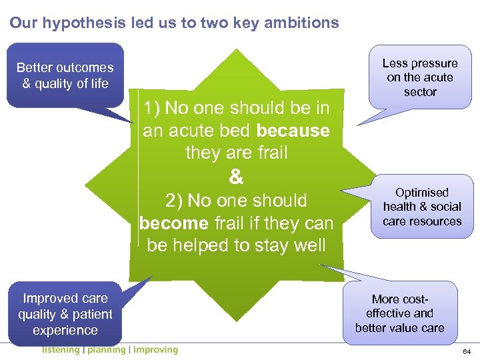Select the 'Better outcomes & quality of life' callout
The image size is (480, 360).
pyautogui.click(x=65, y=75)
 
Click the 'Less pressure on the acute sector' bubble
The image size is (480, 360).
pyautogui.click(x=420, y=77)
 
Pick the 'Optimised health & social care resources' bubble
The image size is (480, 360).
pyautogui.click(x=422, y=207)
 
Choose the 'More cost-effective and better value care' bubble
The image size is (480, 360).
pyautogui.click(x=400, y=313)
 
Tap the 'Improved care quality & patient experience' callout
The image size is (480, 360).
pyautogui.click(x=65, y=314)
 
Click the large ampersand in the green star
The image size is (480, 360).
pyautogui.click(x=236, y=177)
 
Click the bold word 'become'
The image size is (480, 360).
pyautogui.click(x=173, y=223)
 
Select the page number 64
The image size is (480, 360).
pyautogui.click(x=467, y=351)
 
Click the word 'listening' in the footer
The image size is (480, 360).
pyautogui.click(x=60, y=350)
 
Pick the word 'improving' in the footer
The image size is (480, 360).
pyautogui.click(x=155, y=350)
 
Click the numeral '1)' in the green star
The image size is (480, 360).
pyautogui.click(x=153, y=108)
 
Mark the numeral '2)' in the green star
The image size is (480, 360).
pyautogui.click(x=175, y=201)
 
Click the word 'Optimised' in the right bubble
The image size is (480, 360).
pyautogui.click(x=422, y=193)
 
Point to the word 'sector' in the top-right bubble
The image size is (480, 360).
pyautogui.click(x=420, y=92)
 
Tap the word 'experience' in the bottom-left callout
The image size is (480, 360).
pyautogui.click(x=65, y=330)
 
